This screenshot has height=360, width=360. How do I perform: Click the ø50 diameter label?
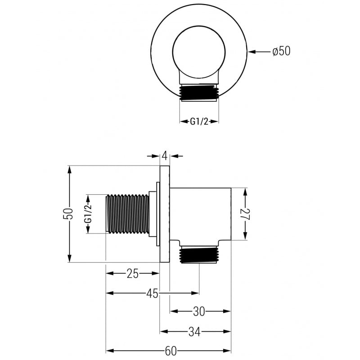pos(281,51)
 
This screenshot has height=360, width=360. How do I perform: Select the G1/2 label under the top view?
pos(199,121)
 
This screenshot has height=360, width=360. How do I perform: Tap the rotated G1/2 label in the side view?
pos(88,214)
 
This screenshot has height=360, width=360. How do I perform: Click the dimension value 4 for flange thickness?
pos(165,156)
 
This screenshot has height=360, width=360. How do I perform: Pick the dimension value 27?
pos(245,214)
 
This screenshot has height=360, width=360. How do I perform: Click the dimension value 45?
pos(152,293)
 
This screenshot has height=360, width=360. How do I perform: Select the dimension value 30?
pos(200,311)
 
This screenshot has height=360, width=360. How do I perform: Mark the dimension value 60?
pos(170,351)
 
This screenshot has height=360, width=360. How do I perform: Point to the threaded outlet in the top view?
pos(199,92)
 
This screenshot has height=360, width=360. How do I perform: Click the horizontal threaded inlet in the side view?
pos(127,214)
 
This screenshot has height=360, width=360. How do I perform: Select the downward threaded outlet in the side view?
pos(198,256)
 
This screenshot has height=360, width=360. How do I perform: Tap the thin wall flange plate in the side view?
pos(165,214)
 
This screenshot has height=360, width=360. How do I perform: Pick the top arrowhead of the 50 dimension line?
pos(70,169)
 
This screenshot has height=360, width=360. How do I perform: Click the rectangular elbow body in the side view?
pos(201,214)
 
